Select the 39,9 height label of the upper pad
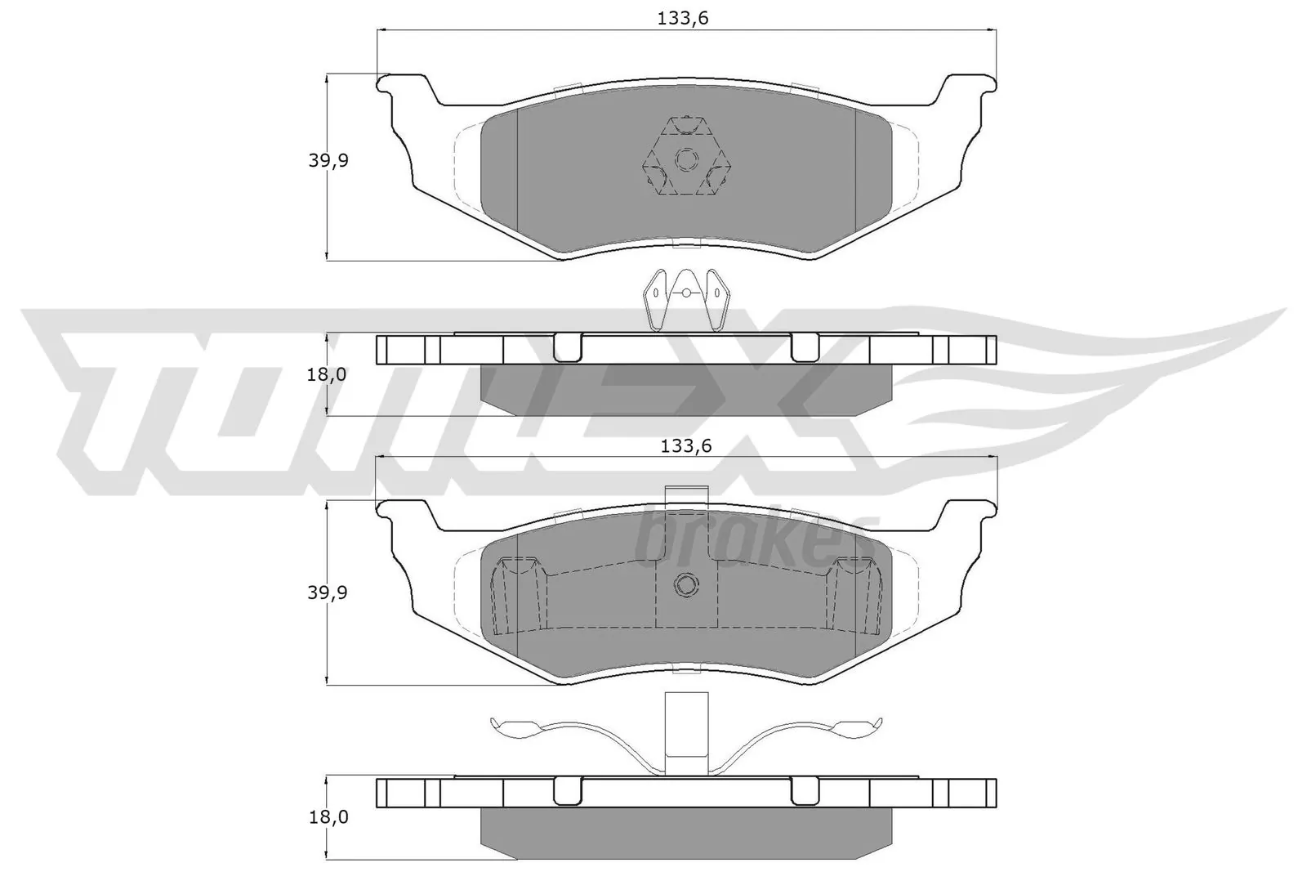[x=328, y=161]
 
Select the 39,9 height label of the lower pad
[x=328, y=593]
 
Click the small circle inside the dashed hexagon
[x=686, y=158]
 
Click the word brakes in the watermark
[x=756, y=539]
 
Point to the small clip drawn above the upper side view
[x=686, y=301]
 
